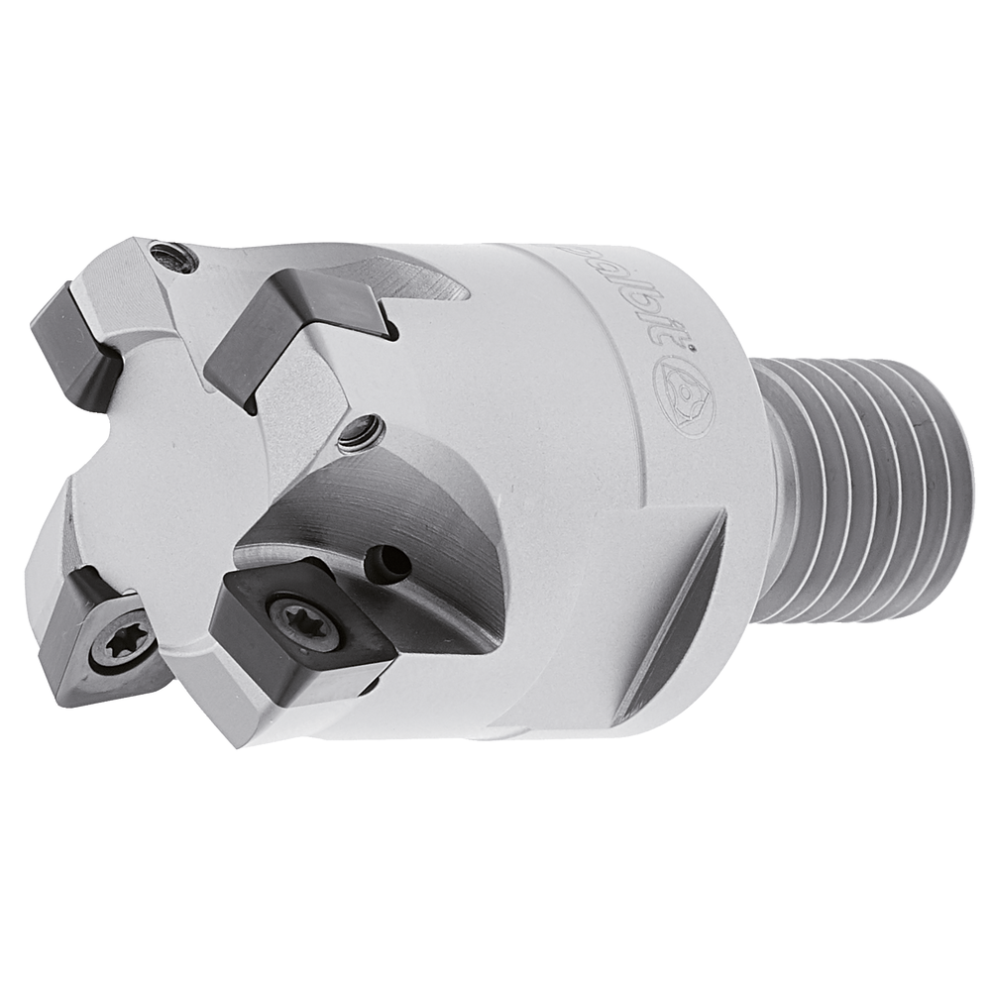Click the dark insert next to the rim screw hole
75,337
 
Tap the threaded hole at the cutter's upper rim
178,259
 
